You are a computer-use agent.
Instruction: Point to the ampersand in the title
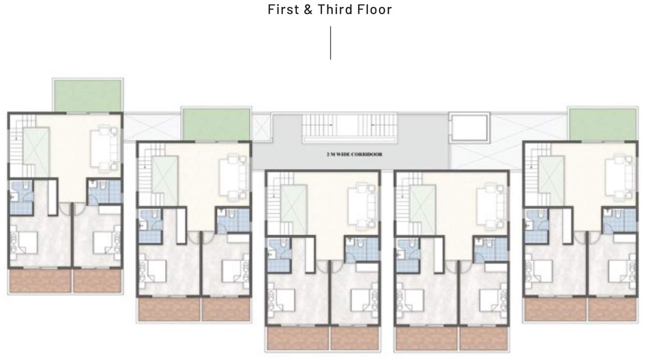pos(308,10)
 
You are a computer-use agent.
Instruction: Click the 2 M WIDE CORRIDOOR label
pos(354,155)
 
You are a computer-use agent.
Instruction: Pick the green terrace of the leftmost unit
pos(87,95)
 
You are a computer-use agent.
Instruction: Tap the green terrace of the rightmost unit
pos(603,124)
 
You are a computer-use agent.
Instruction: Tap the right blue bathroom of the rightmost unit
pos(619,220)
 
